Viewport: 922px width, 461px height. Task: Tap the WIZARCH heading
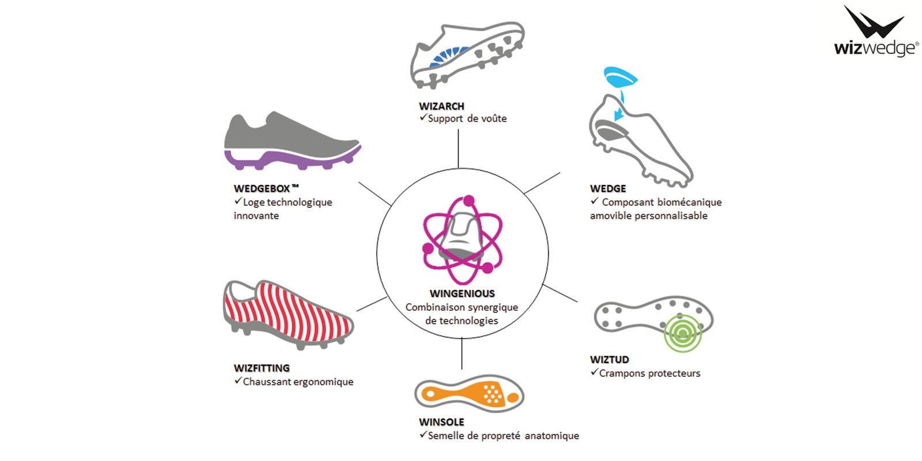pyautogui.click(x=441, y=106)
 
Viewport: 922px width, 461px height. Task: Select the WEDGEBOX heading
pyautogui.click(x=262, y=188)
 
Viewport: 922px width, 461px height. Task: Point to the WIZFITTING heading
pyautogui.click(x=262, y=368)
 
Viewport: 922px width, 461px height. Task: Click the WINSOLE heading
pyautogui.click(x=441, y=422)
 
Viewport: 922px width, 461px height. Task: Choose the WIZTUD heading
pyautogui.click(x=609, y=360)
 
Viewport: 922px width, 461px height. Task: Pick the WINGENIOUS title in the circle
pyautogui.click(x=462, y=294)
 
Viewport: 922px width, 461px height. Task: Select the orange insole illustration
pyautogui.click(x=470, y=394)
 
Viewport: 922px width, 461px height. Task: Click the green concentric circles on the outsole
pyautogui.click(x=682, y=333)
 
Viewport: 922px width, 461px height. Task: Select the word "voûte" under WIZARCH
pyautogui.click(x=494, y=119)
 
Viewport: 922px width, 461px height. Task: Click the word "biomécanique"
pyautogui.click(x=690, y=202)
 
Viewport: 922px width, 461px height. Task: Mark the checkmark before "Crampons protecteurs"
pyautogui.click(x=594, y=372)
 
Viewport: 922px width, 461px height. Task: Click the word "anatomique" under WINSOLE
pyautogui.click(x=551, y=436)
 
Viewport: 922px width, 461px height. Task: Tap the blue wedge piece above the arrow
pyautogui.click(x=619, y=77)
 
